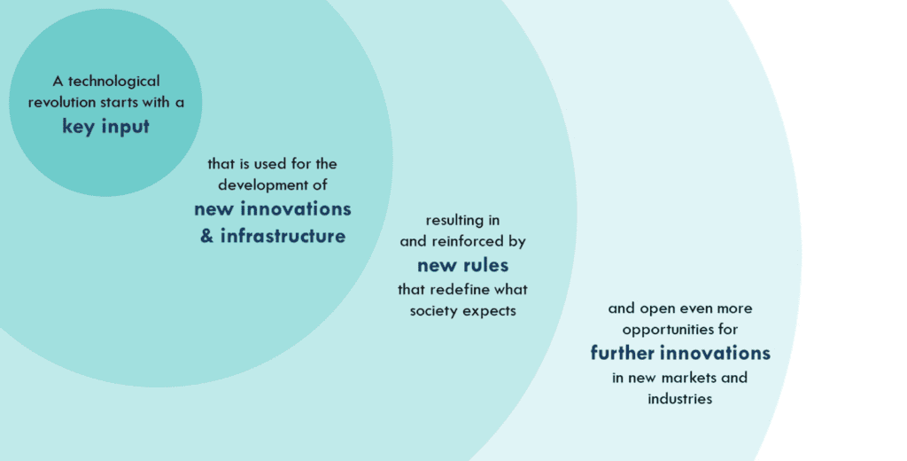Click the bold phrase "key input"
pyautogui.click(x=106, y=126)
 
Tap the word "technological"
pyautogui.click(x=114, y=81)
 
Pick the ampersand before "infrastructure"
pyautogui.click(x=207, y=236)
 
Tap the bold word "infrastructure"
pyautogui.click(x=283, y=236)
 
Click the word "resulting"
pyautogui.click(x=454, y=221)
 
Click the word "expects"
pyautogui.click(x=489, y=311)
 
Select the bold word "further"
pyautogui.click(x=623, y=352)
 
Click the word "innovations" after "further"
pyautogui.click(x=716, y=353)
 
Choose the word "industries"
pyautogui.click(x=679, y=399)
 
